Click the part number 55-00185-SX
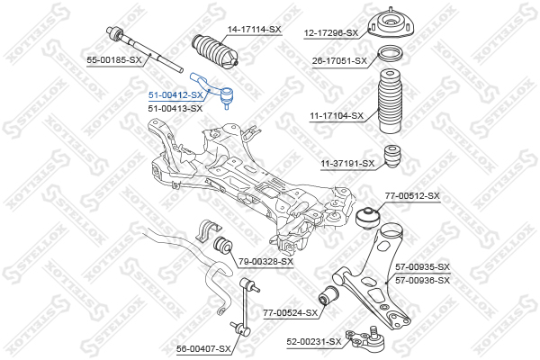coord(114,60)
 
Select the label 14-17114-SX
coord(254,30)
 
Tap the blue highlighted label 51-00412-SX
coord(175,95)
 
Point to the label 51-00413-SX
coord(175,109)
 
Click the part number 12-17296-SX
coord(331,33)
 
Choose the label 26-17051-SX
coord(339,61)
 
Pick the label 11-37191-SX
coord(347,163)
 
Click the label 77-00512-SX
coord(412,196)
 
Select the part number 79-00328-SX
coord(265,262)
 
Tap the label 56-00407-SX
coord(203,349)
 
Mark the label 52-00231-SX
coord(314,342)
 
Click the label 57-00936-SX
coord(422,281)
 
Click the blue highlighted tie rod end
coord(214,89)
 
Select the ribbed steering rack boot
coord(214,51)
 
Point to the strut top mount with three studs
coord(391,24)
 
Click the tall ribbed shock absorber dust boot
coord(391,103)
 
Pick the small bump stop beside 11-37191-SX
coord(392,157)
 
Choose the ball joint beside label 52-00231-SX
coord(366,338)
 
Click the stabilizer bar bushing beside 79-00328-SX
coord(222,245)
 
